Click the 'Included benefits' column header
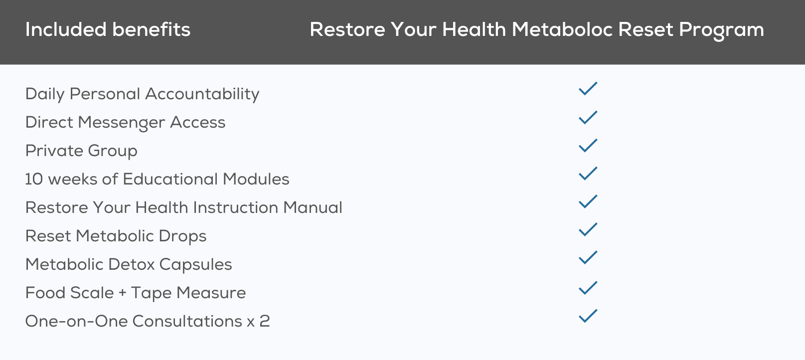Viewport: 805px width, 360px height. point(108,29)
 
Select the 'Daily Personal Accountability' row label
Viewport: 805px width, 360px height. point(143,94)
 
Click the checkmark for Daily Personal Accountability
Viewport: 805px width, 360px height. point(588,88)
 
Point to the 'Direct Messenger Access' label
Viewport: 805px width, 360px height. point(126,123)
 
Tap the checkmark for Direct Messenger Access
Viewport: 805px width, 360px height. point(588,117)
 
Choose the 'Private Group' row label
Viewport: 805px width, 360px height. point(81,151)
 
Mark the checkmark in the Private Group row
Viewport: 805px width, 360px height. point(588,145)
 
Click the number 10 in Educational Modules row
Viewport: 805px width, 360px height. point(34,179)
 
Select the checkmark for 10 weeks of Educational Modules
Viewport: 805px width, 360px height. point(588,174)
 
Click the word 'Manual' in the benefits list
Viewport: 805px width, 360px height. point(313,207)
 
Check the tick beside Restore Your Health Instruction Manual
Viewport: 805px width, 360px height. point(588,201)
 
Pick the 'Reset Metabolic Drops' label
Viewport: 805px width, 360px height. point(116,236)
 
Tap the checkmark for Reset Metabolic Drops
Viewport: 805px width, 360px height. point(588,229)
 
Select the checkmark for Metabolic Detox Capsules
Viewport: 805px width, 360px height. point(588,257)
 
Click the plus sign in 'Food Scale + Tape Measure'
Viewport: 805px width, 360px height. point(123,293)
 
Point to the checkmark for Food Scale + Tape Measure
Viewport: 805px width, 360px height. point(588,288)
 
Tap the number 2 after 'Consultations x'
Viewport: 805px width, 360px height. point(265,321)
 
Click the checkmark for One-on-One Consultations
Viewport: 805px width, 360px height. point(588,316)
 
